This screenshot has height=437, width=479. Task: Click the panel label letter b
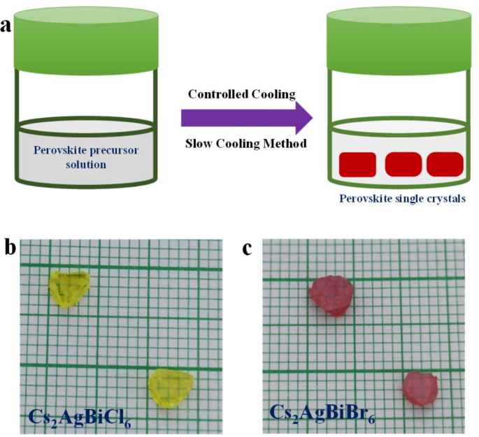(x=9, y=249)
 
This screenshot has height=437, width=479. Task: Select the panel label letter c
(x=248, y=249)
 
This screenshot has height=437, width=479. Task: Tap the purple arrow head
(x=301, y=117)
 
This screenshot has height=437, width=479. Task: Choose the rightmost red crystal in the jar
(x=445, y=164)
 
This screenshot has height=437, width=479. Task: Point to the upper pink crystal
(x=332, y=295)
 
